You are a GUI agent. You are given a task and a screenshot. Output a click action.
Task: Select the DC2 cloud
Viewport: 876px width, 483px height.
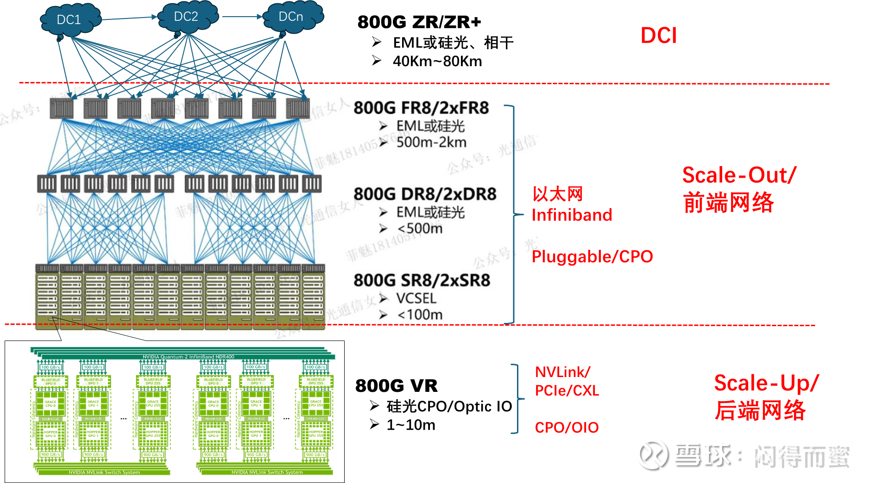click(x=187, y=17)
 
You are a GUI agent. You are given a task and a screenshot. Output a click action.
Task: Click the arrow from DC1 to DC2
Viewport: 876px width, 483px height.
click(x=129, y=18)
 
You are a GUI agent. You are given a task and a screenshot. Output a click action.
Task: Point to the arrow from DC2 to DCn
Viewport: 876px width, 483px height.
click(x=242, y=17)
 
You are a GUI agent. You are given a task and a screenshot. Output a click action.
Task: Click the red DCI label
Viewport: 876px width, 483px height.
click(x=658, y=36)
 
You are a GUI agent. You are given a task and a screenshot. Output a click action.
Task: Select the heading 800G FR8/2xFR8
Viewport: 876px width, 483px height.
click(x=421, y=108)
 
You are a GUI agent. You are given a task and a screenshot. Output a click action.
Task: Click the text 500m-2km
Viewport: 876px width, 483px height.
click(x=431, y=142)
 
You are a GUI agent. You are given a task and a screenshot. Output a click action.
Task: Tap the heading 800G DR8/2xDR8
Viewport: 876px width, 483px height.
click(x=425, y=194)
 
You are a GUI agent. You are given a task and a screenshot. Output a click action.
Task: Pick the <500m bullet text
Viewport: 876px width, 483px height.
click(x=420, y=229)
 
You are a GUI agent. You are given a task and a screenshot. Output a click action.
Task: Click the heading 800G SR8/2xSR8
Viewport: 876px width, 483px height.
click(x=422, y=280)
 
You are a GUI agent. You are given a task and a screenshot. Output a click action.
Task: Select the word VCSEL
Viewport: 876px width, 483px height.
click(x=416, y=298)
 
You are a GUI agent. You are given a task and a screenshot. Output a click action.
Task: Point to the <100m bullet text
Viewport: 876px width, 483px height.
click(x=420, y=315)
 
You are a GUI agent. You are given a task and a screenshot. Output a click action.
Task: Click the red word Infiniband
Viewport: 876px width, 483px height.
click(x=572, y=215)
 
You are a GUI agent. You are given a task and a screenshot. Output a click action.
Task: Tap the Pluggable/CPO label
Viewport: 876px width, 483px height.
click(x=592, y=257)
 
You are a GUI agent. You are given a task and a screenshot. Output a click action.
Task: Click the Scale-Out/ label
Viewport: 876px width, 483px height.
click(x=739, y=175)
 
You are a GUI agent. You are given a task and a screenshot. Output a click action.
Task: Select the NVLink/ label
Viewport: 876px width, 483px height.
click(x=562, y=372)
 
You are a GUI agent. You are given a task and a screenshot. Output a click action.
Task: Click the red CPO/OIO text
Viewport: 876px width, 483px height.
click(x=567, y=427)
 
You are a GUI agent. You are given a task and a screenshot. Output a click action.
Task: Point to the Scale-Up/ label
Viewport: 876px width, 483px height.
click(x=766, y=383)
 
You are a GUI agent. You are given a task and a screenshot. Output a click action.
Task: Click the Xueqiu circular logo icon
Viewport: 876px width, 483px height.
click(x=652, y=454)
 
